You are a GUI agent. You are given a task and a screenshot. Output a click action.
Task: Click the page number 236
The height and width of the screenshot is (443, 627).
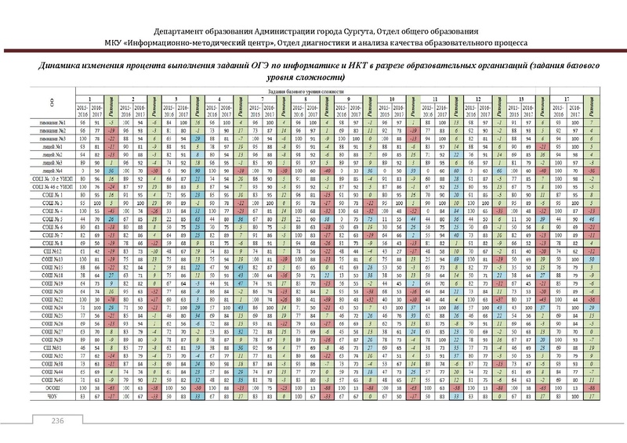click(57, 423)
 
